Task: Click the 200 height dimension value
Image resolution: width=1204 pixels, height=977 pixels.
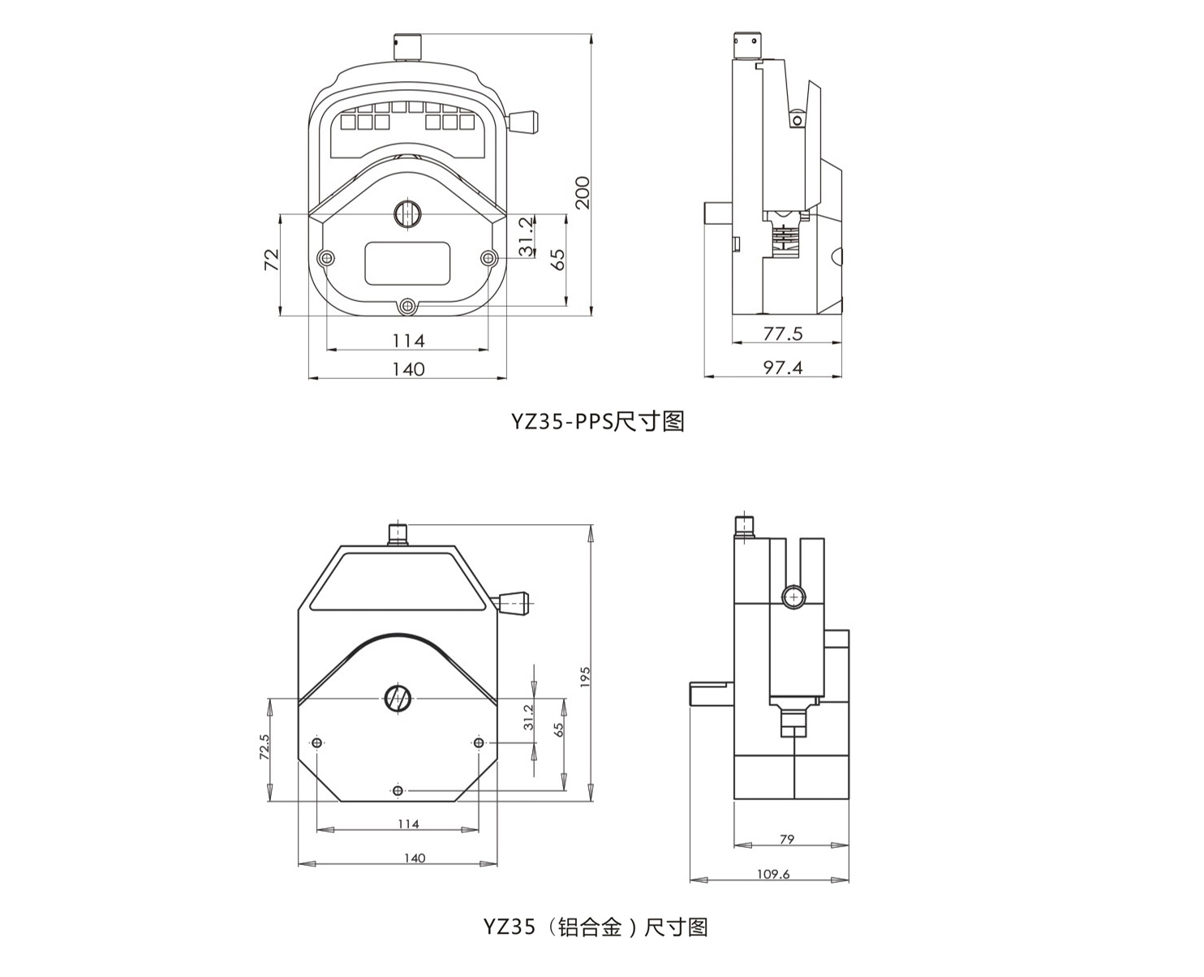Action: pyautogui.click(x=583, y=192)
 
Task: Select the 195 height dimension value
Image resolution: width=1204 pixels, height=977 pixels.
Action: pyautogui.click(x=585, y=677)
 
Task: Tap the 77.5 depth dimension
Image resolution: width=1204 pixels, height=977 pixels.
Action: pyautogui.click(x=783, y=334)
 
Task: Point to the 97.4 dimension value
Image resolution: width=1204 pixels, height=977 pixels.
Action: pyautogui.click(x=783, y=368)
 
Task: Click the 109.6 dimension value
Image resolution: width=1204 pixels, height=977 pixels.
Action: pyautogui.click(x=773, y=874)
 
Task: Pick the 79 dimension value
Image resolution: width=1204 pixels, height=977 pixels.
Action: pyautogui.click(x=787, y=839)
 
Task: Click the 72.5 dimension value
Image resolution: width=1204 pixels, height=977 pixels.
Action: pyautogui.click(x=264, y=747)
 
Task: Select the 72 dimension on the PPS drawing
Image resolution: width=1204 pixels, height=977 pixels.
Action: pyautogui.click(x=272, y=260)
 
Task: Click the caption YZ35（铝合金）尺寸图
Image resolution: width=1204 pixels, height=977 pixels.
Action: pyautogui.click(x=596, y=927)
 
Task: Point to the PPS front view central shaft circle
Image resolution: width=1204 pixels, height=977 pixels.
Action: pyautogui.click(x=407, y=214)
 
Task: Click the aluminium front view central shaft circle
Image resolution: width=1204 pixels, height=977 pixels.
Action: pyautogui.click(x=398, y=699)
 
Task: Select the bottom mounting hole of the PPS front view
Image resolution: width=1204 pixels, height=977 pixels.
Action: pyautogui.click(x=408, y=306)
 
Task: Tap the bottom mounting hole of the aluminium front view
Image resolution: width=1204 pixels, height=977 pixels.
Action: pyautogui.click(x=398, y=790)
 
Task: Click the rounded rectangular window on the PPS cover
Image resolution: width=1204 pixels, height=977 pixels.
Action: pyautogui.click(x=407, y=263)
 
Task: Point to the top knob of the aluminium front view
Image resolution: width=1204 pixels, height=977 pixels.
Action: pyautogui.click(x=398, y=534)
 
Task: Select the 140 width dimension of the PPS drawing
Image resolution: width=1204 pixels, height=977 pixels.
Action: pyautogui.click(x=408, y=369)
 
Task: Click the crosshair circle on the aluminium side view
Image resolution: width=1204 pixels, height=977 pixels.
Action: pyautogui.click(x=793, y=597)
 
